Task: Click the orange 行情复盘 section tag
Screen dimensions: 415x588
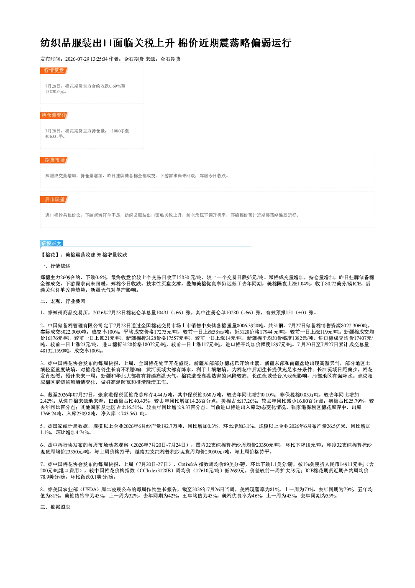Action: click(x=54, y=70)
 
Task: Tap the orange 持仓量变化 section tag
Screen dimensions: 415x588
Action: click(x=54, y=115)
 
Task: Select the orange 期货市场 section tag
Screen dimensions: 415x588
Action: click(x=54, y=160)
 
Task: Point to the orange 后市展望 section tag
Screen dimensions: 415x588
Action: click(x=54, y=199)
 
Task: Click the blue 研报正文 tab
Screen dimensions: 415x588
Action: click(x=51, y=243)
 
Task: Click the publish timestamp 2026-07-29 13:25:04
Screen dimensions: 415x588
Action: click(x=87, y=59)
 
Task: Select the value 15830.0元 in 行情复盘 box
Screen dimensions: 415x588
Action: click(x=55, y=92)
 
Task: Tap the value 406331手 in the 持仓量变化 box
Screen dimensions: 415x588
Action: click(x=54, y=137)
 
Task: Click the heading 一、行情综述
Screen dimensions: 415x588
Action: click(x=55, y=266)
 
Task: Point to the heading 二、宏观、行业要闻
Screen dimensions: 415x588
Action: click(x=63, y=301)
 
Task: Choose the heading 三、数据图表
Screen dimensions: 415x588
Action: click(x=55, y=507)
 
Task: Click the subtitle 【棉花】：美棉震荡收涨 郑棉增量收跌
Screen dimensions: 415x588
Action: click(x=84, y=255)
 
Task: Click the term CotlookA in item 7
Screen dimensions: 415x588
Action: click(x=187, y=464)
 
